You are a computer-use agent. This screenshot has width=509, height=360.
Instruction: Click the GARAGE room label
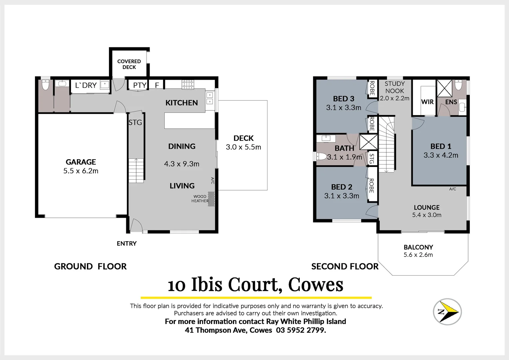click(81, 162)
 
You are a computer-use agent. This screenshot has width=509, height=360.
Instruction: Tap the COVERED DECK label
click(129, 64)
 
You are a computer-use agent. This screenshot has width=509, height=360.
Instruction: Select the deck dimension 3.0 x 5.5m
click(243, 147)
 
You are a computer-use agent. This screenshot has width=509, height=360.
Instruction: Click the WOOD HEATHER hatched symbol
click(211, 199)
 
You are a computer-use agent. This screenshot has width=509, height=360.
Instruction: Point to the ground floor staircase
click(136, 170)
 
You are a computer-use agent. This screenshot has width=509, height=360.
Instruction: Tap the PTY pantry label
click(140, 85)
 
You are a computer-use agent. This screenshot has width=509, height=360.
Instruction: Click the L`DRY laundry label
click(86, 85)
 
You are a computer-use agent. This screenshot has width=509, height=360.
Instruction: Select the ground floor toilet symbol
click(45, 85)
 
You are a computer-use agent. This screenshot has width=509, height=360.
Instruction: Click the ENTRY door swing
click(136, 225)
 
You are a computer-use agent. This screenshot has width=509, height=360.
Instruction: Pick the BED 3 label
click(343, 99)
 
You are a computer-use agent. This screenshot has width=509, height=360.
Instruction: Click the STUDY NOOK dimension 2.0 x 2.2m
click(394, 98)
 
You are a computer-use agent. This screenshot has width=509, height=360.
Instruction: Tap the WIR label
click(427, 102)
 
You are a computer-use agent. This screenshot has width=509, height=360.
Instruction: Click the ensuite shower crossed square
click(444, 88)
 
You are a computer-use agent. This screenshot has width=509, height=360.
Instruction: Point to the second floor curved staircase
click(387, 143)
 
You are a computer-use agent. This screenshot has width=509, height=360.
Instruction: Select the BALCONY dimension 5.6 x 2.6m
click(418, 255)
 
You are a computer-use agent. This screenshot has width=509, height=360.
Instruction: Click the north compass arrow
click(447, 311)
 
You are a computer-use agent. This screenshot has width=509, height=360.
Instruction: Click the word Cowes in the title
click(315, 285)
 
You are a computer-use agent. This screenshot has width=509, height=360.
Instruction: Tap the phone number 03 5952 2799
click(301, 330)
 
